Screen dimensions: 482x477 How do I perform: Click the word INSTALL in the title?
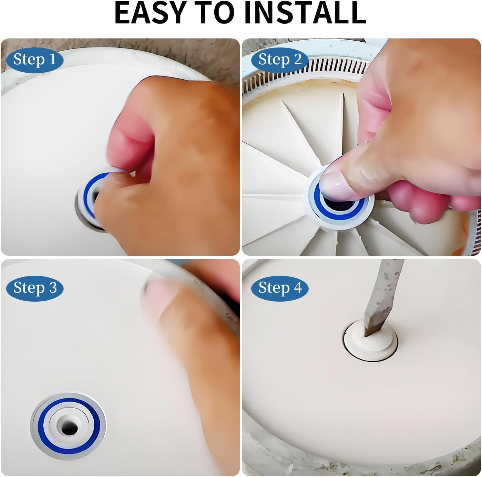(305, 13)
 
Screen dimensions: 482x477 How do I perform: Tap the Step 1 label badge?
(35, 60)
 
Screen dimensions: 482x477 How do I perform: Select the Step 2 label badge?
(280, 60)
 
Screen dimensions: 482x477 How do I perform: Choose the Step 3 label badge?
(35, 288)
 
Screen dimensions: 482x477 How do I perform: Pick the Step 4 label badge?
(280, 288)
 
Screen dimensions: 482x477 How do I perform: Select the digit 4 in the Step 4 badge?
(297, 288)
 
